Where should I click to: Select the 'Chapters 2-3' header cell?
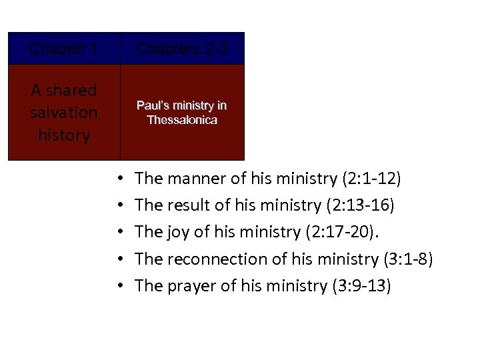182,49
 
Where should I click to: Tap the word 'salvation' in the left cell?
64,113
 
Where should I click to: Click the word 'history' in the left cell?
64,135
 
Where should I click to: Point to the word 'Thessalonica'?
182,120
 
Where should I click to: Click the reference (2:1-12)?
371,179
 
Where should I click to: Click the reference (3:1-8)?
405,259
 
